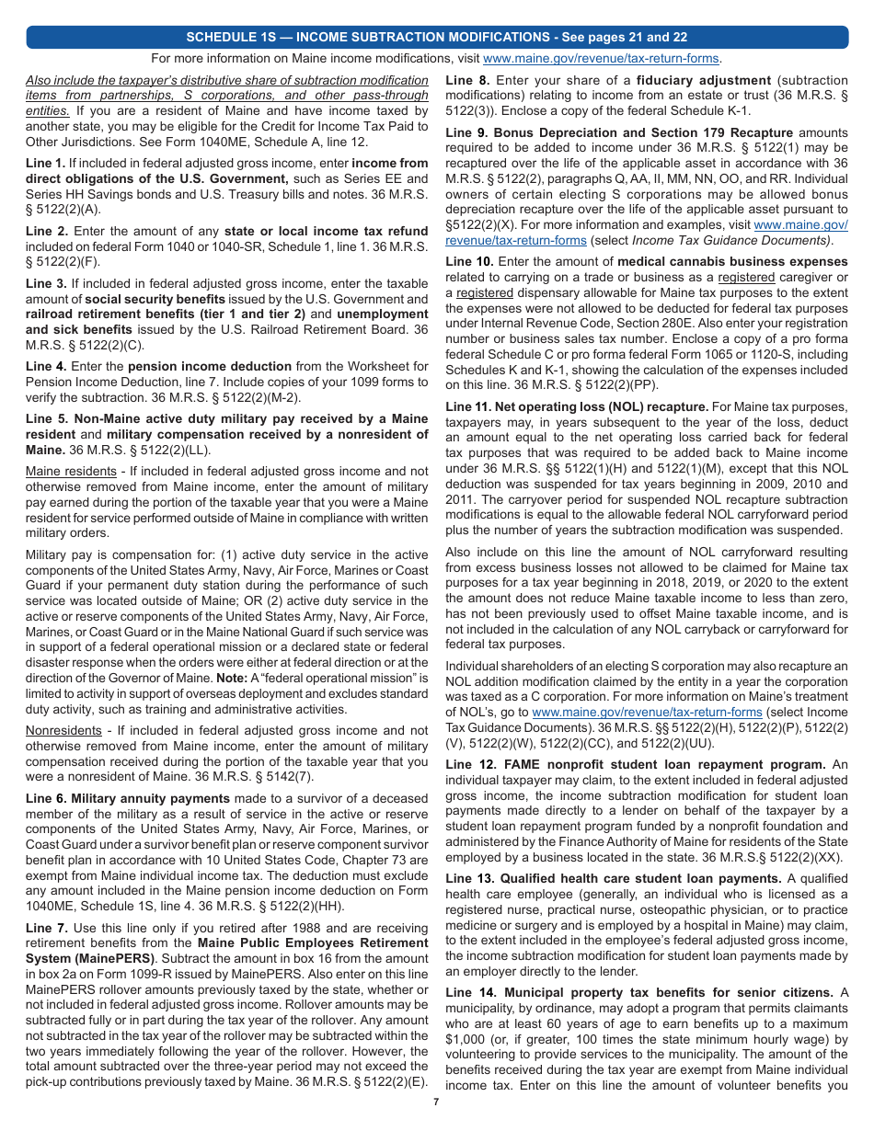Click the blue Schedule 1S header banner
pyautogui.click(x=437, y=38)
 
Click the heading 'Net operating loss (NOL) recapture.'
pyautogui.click(x=577, y=406)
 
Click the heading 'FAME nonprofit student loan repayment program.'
pyautogui.click(x=635, y=765)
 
